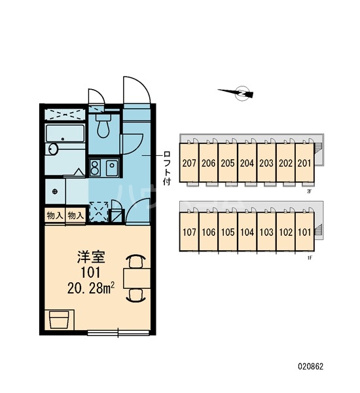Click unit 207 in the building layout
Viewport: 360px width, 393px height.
pyautogui.click(x=190, y=164)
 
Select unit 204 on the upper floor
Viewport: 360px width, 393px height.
pyautogui.click(x=247, y=164)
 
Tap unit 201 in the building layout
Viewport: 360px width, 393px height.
pyautogui.click(x=304, y=164)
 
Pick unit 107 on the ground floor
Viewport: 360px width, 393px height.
pyautogui.click(x=190, y=232)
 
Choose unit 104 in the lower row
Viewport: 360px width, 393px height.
pyautogui.click(x=247, y=232)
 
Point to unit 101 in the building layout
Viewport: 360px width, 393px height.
pyautogui.click(x=304, y=232)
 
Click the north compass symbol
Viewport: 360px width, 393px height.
pyautogui.click(x=241, y=94)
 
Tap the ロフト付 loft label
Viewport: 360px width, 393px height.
pyautogui.click(x=168, y=167)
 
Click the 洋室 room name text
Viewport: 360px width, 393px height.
pyautogui.click(x=90, y=257)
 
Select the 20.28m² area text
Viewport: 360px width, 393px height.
pyautogui.click(x=91, y=287)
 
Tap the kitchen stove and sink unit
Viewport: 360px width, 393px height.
pyautogui.click(x=103, y=168)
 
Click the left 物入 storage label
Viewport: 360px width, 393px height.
pyautogui.click(x=54, y=215)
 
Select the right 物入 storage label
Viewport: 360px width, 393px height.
pyautogui.click(x=75, y=215)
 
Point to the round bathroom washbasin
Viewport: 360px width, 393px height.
pyautogui.click(x=52, y=151)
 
